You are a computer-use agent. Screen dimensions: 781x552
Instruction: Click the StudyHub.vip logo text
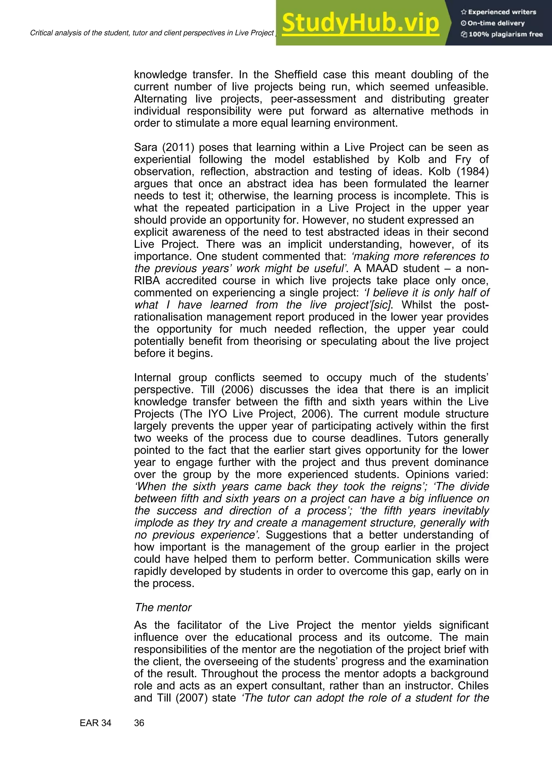coord(361,23)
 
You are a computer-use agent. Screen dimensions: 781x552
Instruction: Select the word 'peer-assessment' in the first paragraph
coord(313,99)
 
